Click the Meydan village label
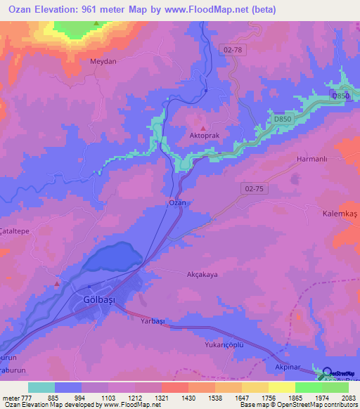tap(102, 61)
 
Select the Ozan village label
tap(178, 202)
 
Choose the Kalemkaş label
tap(340, 213)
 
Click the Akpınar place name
tap(288, 368)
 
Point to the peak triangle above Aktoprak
tap(204, 128)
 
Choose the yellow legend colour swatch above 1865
tap(282, 387)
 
